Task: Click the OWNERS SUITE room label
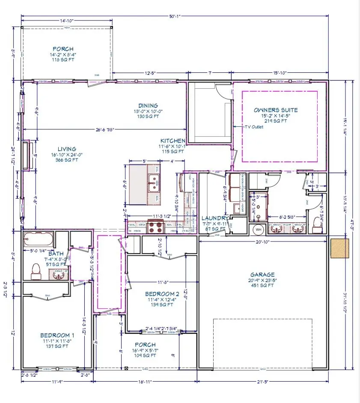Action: pos(276,110)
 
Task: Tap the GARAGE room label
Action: pos(263,275)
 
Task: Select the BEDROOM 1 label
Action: pos(57,335)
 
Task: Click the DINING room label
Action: pos(148,106)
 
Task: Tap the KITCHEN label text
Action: pos(173,140)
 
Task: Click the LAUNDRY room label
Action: pos(213,218)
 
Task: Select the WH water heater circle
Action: pos(258,229)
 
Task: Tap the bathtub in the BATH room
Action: pos(39,238)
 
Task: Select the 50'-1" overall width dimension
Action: pos(175,16)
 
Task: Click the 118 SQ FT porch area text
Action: pos(63,60)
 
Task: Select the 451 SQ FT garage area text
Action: pos(263,286)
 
